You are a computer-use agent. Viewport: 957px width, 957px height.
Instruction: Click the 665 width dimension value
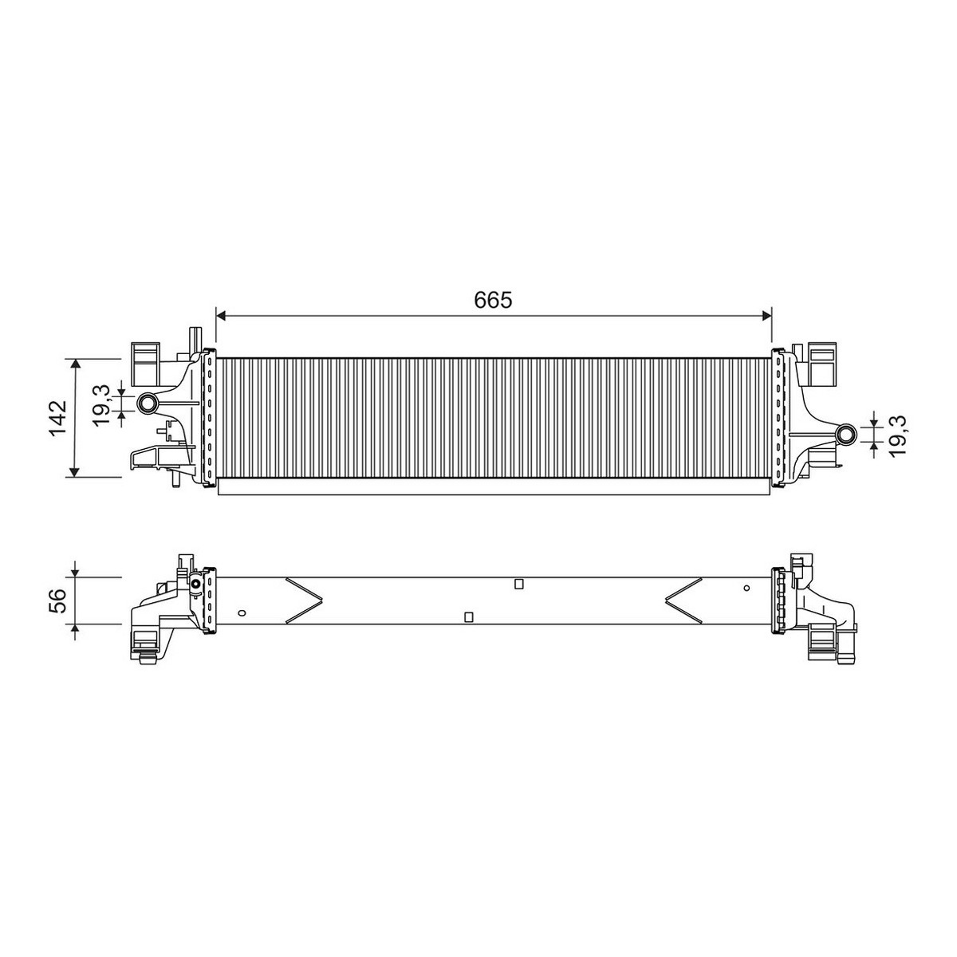point(493,300)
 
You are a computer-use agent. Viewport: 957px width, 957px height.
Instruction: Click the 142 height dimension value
point(58,418)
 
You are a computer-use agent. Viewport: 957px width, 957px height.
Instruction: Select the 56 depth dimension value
point(58,601)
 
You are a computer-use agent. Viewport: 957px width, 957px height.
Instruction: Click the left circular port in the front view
point(148,404)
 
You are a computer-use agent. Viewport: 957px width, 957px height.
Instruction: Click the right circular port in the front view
point(845,435)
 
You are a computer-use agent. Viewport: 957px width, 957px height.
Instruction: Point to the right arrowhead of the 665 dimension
point(766,315)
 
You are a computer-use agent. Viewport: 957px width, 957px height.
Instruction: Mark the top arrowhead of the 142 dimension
point(75,364)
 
